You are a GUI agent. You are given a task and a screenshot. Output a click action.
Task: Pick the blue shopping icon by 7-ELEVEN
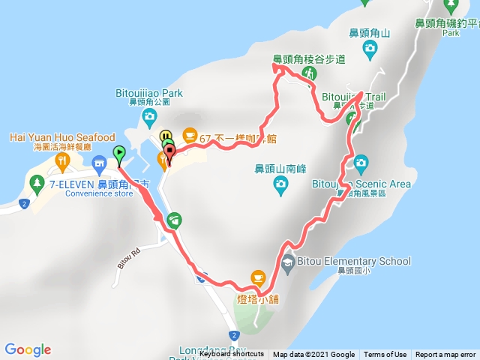click(x=98, y=163)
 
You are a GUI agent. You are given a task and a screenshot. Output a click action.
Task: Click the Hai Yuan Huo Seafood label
click(x=62, y=137)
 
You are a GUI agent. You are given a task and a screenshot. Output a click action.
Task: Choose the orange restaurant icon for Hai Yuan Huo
click(x=63, y=159)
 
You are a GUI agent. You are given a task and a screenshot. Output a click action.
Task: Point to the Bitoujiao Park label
click(x=150, y=94)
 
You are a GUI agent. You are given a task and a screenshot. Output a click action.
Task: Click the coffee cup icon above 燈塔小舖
click(x=258, y=277)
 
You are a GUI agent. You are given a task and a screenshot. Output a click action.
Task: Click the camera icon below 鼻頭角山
click(x=370, y=50)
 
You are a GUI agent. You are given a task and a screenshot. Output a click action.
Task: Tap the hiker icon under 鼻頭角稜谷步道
click(x=308, y=73)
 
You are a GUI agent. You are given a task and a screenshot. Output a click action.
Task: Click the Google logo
click(x=28, y=349)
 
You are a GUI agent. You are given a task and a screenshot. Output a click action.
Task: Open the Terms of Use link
click(x=385, y=355)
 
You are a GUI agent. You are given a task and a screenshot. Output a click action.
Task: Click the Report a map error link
click(x=445, y=355)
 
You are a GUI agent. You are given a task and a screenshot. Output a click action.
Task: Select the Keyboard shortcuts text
click(x=232, y=355)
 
